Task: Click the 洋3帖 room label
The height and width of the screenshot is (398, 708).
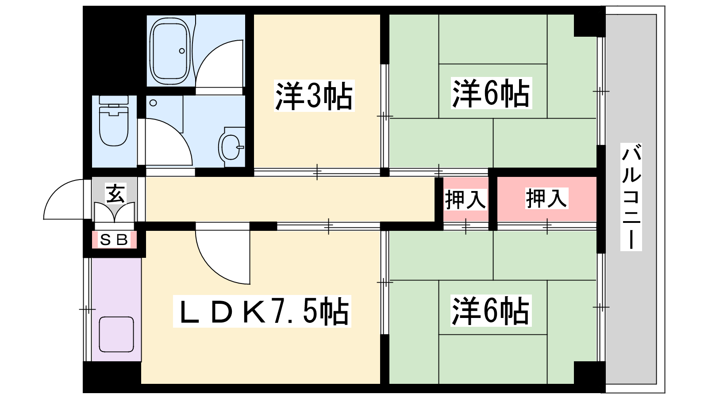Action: (314, 96)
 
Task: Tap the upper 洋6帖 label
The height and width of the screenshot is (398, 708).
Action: (491, 93)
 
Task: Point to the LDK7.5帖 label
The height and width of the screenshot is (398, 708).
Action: (262, 311)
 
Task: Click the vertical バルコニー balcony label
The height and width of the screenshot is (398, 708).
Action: (631, 197)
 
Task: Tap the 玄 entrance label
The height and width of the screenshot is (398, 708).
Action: (115, 193)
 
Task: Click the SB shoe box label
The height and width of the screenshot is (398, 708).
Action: (114, 240)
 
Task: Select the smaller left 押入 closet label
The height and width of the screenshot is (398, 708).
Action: (465, 199)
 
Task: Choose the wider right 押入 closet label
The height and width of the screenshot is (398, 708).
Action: (546, 198)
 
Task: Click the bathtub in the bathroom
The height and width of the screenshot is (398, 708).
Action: (171, 51)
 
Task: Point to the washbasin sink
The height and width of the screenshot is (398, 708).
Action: (232, 147)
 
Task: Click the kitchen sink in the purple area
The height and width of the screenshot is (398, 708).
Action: (116, 334)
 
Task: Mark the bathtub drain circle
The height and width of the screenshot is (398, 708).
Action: (182, 51)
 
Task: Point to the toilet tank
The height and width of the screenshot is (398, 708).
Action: (114, 100)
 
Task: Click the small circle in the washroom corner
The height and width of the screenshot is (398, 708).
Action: (153, 103)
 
